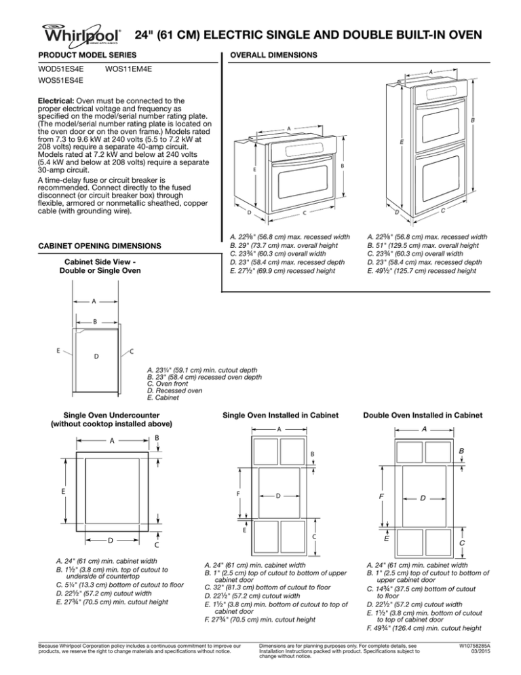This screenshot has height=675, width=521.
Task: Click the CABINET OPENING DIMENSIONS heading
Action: pyautogui.click(x=98, y=244)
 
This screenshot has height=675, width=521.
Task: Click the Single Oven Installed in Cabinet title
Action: pyautogui.click(x=280, y=416)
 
